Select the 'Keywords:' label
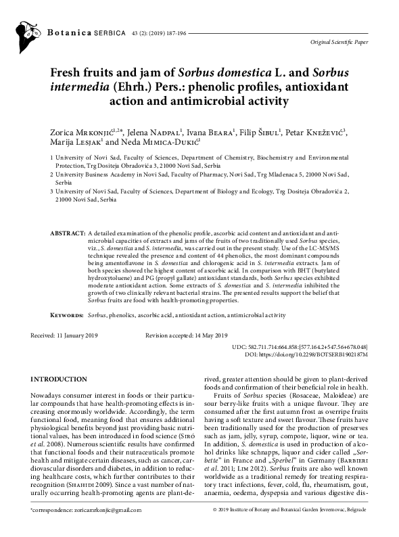tap(68, 315)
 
